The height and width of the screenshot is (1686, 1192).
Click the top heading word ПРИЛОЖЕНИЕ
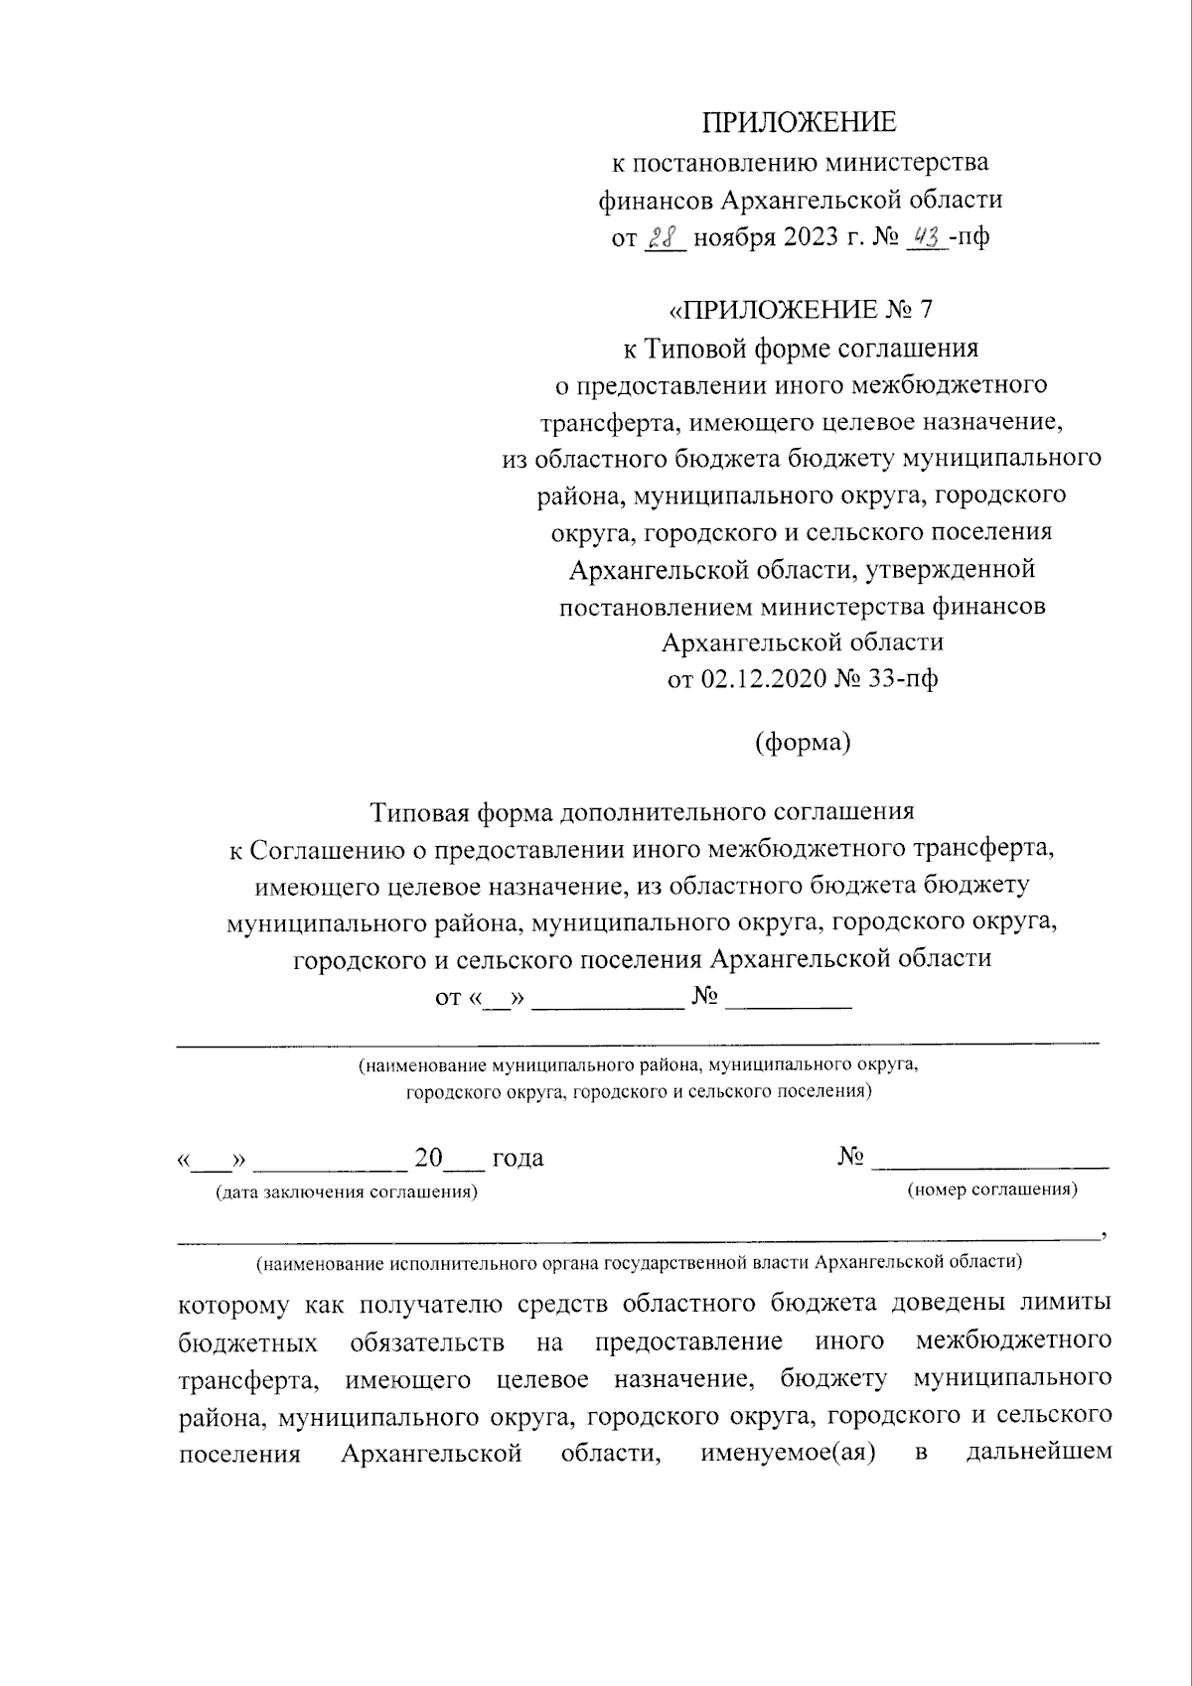[800, 123]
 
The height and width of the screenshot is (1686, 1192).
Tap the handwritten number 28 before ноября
[663, 238]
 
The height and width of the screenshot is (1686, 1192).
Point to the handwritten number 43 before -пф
[927, 238]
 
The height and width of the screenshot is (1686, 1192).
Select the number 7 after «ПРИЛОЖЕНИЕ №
[926, 310]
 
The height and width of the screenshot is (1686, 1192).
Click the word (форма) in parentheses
[802, 743]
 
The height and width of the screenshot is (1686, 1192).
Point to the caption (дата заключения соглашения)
[346, 1193]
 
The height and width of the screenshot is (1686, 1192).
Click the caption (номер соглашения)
[992, 1190]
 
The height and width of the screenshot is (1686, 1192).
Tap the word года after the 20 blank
[518, 1158]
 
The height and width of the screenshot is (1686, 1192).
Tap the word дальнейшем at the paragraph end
[1038, 1455]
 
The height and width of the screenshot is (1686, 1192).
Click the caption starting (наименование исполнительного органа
[639, 1263]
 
